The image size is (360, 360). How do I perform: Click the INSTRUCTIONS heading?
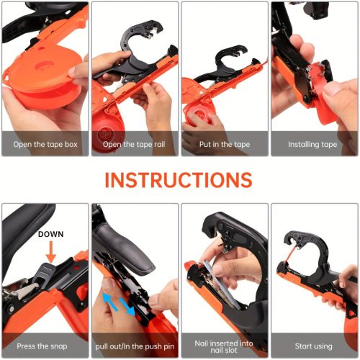pyautogui.click(x=179, y=180)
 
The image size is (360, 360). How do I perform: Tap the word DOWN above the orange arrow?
pyautogui.click(x=51, y=234)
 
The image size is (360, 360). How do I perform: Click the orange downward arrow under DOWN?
pyautogui.click(x=51, y=252)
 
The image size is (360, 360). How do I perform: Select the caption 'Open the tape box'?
pyautogui.click(x=45, y=144)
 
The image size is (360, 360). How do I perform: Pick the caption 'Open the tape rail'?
pyautogui.click(x=134, y=144)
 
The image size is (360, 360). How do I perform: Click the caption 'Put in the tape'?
pyautogui.click(x=225, y=144)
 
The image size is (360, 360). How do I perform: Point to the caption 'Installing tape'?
pyautogui.click(x=312, y=144)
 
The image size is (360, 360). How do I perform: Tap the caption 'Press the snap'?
pyautogui.click(x=42, y=346)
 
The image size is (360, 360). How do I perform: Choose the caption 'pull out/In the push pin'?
pyautogui.click(x=135, y=346)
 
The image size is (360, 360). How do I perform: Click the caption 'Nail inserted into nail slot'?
pyautogui.click(x=224, y=346)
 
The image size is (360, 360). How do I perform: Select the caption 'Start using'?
pyautogui.click(x=313, y=346)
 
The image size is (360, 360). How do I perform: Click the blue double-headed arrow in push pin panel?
pyautogui.click(x=120, y=304)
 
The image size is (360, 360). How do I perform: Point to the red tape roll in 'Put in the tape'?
pyautogui.click(x=199, y=115)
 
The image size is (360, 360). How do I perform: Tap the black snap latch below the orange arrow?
pyautogui.click(x=45, y=272)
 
